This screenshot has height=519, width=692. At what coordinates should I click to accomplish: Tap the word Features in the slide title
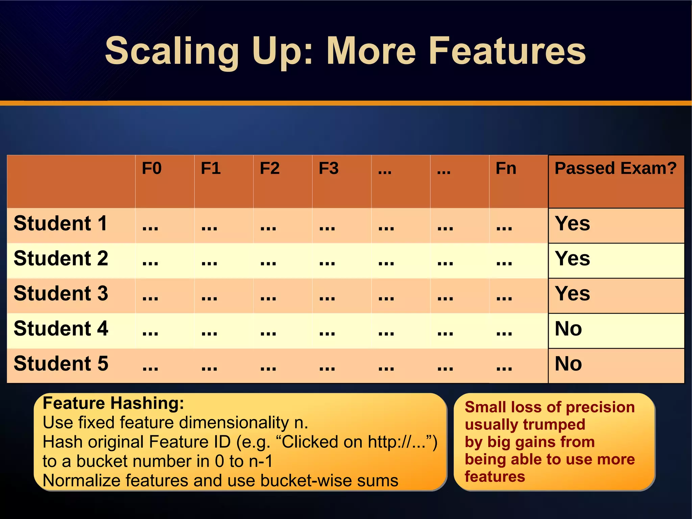click(507, 51)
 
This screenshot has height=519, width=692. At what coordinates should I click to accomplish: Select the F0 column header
click(152, 168)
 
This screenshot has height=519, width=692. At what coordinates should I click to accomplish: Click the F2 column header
click(270, 168)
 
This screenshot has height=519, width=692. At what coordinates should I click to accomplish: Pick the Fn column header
click(506, 168)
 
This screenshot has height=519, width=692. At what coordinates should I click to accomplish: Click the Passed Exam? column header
click(616, 168)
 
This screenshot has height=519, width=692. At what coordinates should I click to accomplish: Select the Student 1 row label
click(60, 224)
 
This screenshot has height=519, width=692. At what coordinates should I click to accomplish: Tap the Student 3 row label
click(61, 294)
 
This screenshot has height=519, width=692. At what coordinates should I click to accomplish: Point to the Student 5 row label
click(61, 364)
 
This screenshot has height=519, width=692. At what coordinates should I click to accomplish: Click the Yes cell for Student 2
click(572, 259)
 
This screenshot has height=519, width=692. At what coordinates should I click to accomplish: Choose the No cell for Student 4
click(568, 329)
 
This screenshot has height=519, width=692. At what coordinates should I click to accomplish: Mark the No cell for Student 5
click(568, 364)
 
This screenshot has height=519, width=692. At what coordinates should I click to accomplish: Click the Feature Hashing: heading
click(114, 403)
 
